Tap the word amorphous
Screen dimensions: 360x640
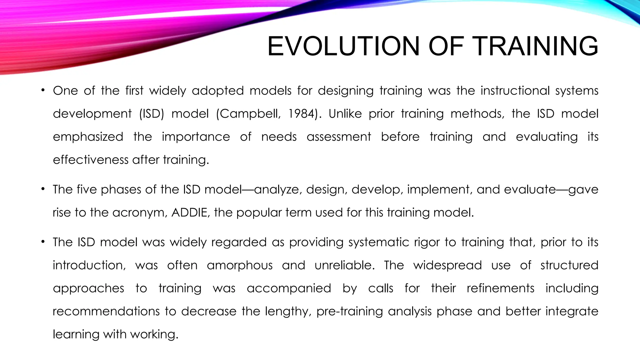pos(240,265)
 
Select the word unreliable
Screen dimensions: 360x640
pos(344,265)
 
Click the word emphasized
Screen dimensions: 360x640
pos(88,137)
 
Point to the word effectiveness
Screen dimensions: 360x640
pos(91,160)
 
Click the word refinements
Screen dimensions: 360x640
pos(501,288)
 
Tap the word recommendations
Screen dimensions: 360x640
pos(106,311)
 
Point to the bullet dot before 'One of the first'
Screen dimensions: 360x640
pos(43,91)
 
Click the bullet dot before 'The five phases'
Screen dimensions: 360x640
pos(43,189)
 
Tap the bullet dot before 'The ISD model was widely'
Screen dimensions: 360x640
pos(43,242)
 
